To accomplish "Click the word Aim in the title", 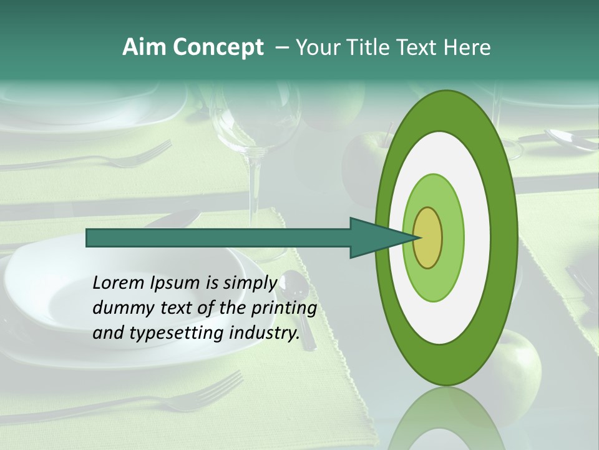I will pos(145,47).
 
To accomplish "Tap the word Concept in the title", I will pos(217,47).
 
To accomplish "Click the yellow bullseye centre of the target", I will pos(428,237).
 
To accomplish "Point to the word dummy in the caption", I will pos(119,308).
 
